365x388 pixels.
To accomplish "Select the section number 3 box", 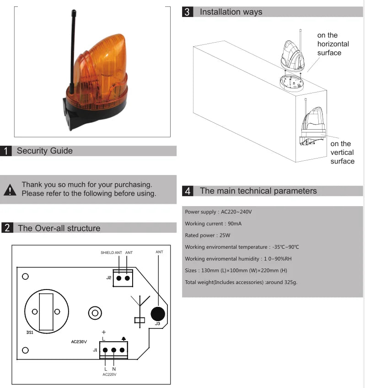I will point(187,12).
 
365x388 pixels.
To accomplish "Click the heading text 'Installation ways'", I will point(231,12).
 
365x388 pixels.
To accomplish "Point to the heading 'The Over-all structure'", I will point(59,228).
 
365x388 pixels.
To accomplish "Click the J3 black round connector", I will point(157,314).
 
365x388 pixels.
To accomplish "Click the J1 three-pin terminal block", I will point(113,350).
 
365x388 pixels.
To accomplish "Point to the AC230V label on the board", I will point(79,342).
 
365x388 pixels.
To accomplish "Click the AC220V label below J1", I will point(109,374).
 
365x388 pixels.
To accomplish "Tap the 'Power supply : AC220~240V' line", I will point(218,212).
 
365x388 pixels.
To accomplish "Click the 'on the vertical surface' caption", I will point(342,153).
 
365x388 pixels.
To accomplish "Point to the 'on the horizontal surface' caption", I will point(333,44).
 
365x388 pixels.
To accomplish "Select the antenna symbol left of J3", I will point(140,309).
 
